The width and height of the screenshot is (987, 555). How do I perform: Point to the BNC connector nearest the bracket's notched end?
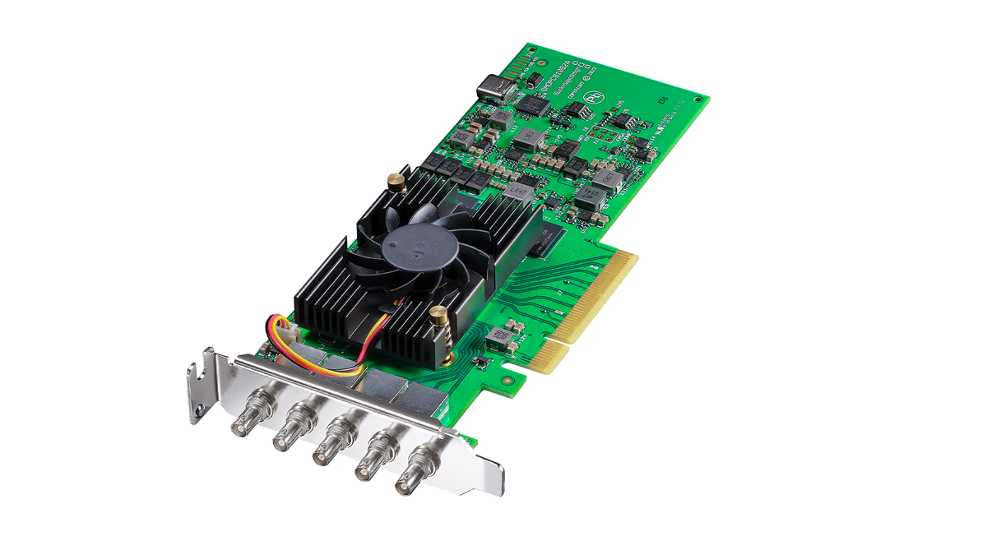[x=244, y=420]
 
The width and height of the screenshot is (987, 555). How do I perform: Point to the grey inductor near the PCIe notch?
[x=499, y=335]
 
